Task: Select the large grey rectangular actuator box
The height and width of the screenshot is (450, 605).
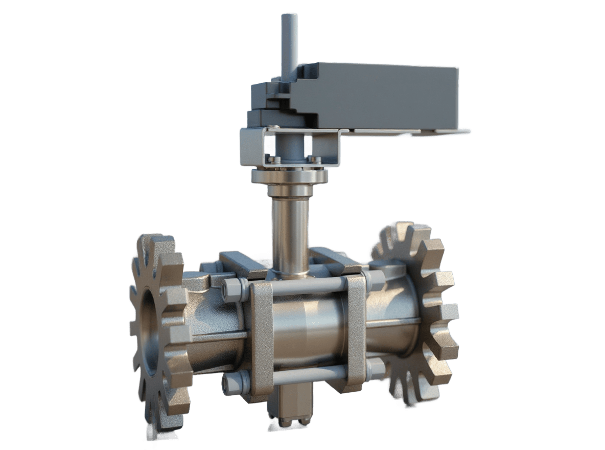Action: (x=378, y=97)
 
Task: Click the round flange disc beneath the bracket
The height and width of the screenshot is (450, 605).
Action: (x=289, y=177)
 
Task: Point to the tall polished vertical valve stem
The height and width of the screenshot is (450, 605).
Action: (x=289, y=230)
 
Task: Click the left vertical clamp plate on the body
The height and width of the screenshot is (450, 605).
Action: (x=261, y=337)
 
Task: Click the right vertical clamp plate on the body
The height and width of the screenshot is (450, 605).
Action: (x=356, y=330)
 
